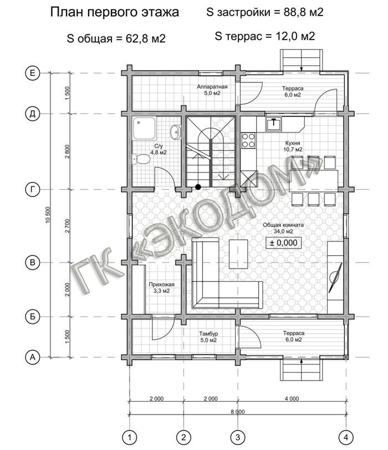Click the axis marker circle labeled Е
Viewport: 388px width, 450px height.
[x=32, y=73]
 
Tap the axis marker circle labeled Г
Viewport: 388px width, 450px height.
[x=32, y=190]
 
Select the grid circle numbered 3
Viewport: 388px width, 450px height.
[x=238, y=438]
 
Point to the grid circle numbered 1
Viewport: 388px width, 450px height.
[x=130, y=438]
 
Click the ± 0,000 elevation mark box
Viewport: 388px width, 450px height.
[x=283, y=243]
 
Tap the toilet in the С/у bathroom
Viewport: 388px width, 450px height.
[x=141, y=159]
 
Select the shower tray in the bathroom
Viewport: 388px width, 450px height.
[x=144, y=128]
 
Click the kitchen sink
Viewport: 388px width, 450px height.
[x=274, y=124]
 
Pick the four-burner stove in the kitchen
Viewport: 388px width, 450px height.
[x=248, y=140]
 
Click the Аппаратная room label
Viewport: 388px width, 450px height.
[x=212, y=87]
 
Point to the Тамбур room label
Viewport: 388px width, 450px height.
[x=209, y=334]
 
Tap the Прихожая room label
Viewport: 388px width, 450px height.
[x=161, y=285]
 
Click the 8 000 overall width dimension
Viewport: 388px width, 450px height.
[x=238, y=412]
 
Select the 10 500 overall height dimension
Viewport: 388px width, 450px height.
[x=48, y=215]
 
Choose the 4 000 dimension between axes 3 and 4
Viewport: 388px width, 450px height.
[x=292, y=398]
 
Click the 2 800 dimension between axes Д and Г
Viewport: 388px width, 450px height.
[x=68, y=151]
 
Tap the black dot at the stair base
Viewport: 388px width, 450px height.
[x=198, y=187]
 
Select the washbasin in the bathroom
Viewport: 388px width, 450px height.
[x=176, y=132]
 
